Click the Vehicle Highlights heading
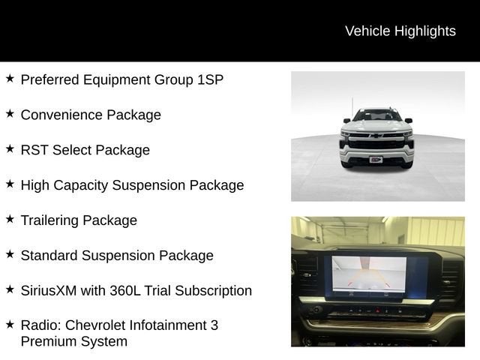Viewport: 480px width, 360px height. click(x=400, y=31)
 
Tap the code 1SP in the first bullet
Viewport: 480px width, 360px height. click(x=210, y=79)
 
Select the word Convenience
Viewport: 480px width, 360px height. click(x=61, y=115)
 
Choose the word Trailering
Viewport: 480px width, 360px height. click(x=49, y=220)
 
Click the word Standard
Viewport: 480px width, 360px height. click(x=49, y=256)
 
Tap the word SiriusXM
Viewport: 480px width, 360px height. click(x=49, y=291)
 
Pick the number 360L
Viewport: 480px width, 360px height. click(x=125, y=291)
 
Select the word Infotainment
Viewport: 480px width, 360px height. click(x=168, y=325)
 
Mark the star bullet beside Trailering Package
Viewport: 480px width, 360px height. click(x=10, y=219)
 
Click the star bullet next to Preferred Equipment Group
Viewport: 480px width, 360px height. click(x=10, y=78)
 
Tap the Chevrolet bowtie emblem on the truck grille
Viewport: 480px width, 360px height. click(x=376, y=135)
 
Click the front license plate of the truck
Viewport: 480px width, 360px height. click(x=376, y=160)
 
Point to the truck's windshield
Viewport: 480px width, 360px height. click(x=377, y=115)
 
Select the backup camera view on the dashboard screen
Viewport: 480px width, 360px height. click(x=370, y=274)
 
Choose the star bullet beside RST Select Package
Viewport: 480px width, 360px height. click(x=10, y=148)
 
